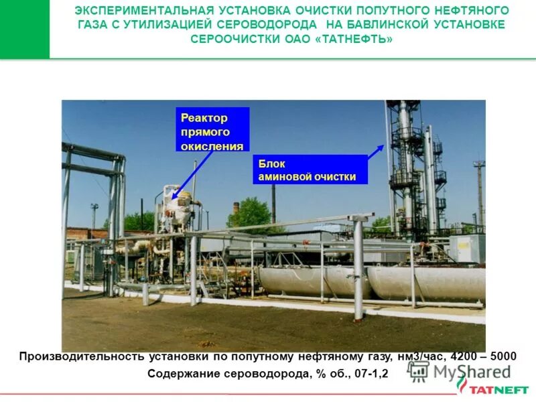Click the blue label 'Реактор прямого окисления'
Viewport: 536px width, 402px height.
point(212,129)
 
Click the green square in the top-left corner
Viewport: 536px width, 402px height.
point(25,29)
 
